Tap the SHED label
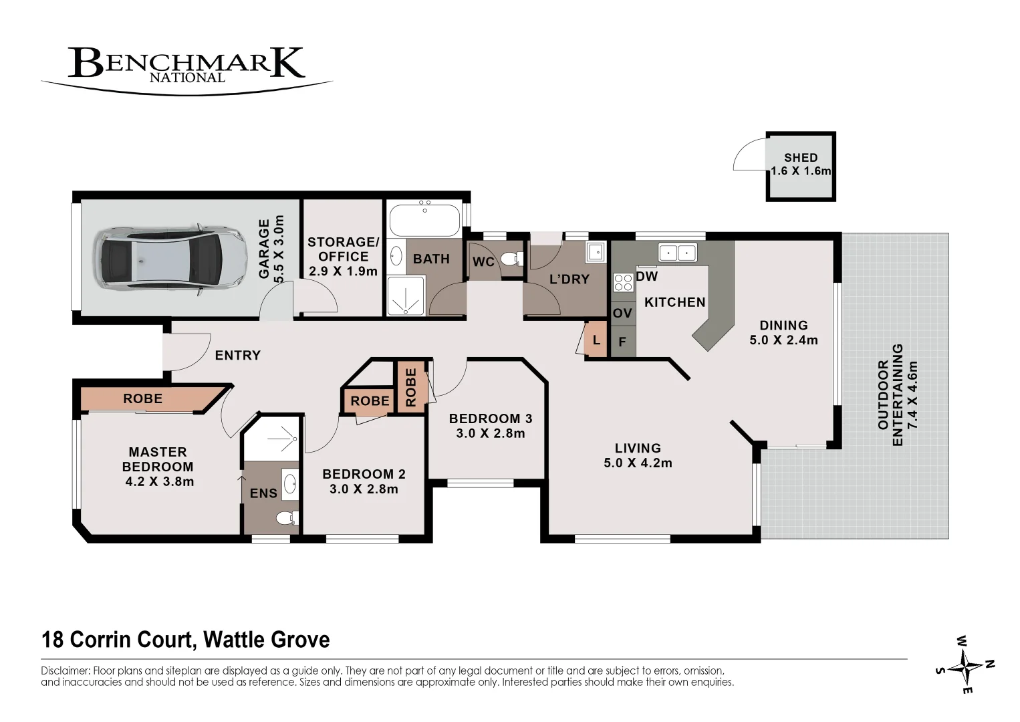[x=801, y=158]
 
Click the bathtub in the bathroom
[x=424, y=218]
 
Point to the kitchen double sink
[x=678, y=253]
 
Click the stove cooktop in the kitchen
[x=624, y=283]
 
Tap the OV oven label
[x=622, y=313]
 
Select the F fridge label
[x=622, y=342]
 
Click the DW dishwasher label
[x=647, y=276]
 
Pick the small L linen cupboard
[x=596, y=340]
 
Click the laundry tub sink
[x=596, y=252]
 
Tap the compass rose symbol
[x=966, y=665]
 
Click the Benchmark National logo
[x=186, y=66]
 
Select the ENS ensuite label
[x=263, y=493]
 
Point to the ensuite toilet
[x=287, y=517]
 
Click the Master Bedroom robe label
[x=143, y=398]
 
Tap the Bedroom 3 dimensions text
[x=491, y=433]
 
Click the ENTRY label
[x=237, y=355]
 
